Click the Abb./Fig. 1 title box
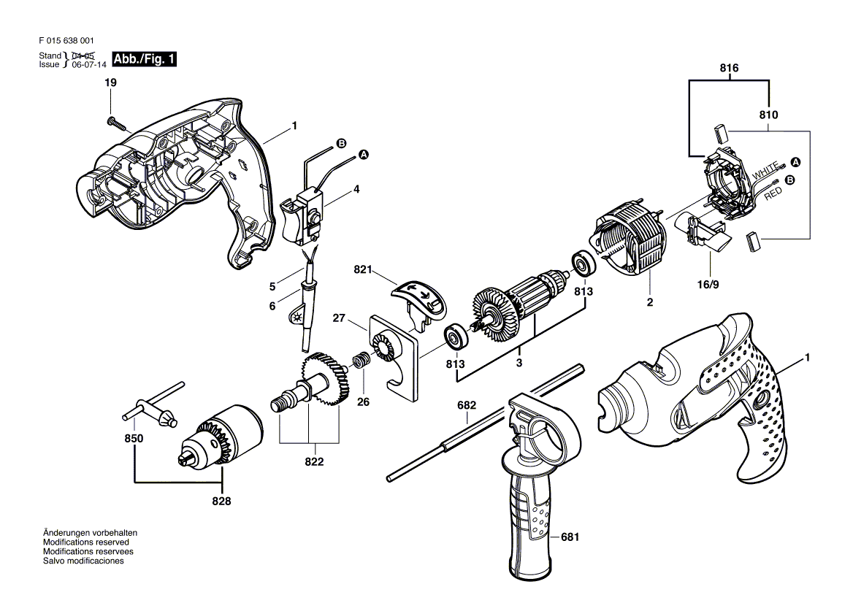144,59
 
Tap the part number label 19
110,82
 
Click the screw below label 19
118,125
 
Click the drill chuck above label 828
221,436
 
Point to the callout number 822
314,461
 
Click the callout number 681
570,537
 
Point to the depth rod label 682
467,405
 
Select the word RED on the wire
773,193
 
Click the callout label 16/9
708,285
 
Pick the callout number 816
729,68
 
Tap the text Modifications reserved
86,542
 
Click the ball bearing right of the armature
584,265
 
